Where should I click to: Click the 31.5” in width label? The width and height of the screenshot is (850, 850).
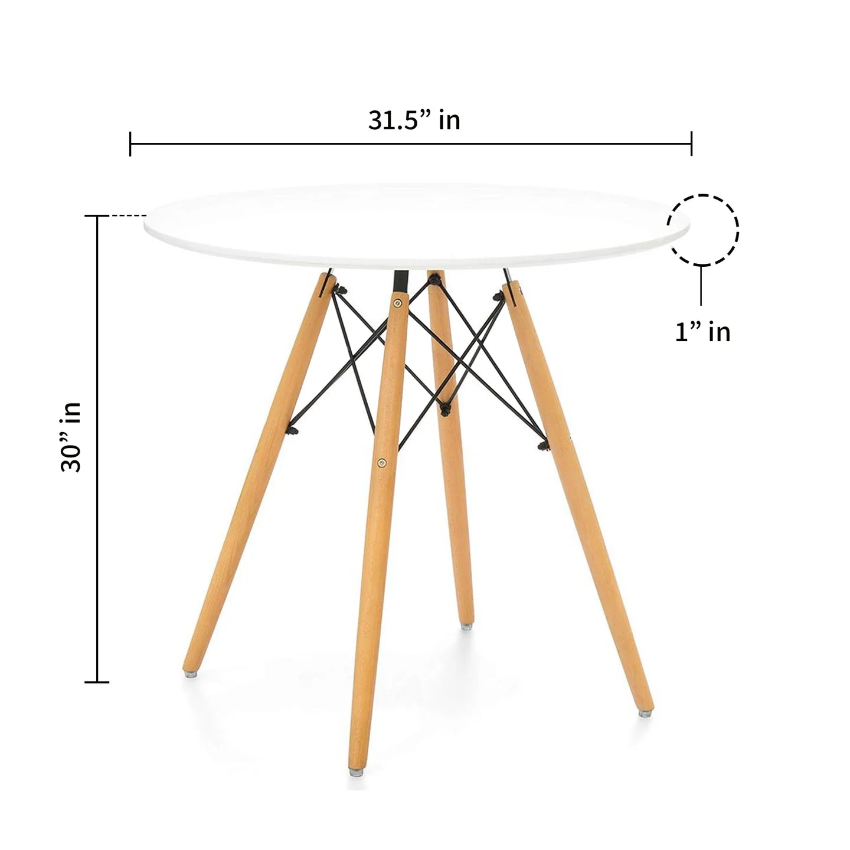point(414,120)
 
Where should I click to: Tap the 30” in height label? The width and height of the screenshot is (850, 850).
point(71,437)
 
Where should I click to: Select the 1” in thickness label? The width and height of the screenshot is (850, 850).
point(702,332)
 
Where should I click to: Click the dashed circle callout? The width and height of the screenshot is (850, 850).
point(702,229)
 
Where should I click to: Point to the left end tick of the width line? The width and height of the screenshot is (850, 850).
point(130,143)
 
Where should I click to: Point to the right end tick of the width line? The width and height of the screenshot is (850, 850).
point(691,143)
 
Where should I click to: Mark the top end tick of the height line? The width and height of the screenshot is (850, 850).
point(97,217)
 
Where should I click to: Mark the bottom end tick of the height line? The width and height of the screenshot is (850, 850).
point(97,682)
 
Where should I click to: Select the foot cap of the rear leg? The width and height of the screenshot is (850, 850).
point(467,625)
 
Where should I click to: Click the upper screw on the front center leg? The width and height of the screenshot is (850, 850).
point(397,303)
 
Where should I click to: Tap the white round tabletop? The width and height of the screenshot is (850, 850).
point(416,227)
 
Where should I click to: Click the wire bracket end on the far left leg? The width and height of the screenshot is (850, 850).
point(292,430)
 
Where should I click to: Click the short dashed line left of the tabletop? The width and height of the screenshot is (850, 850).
point(129,217)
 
